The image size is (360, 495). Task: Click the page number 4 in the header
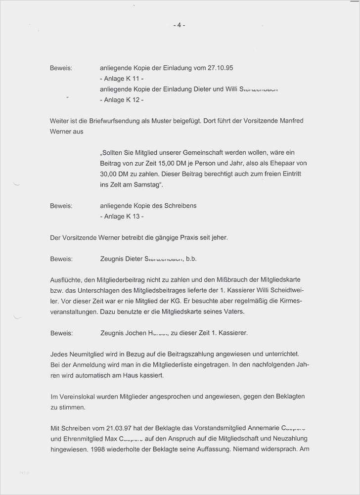click(x=179, y=25)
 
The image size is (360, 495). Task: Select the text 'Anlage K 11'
click(x=123, y=79)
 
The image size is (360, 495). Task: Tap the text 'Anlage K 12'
click(x=123, y=100)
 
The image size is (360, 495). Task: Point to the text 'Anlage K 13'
click(x=123, y=216)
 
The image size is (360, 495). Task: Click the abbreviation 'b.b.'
click(x=191, y=259)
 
